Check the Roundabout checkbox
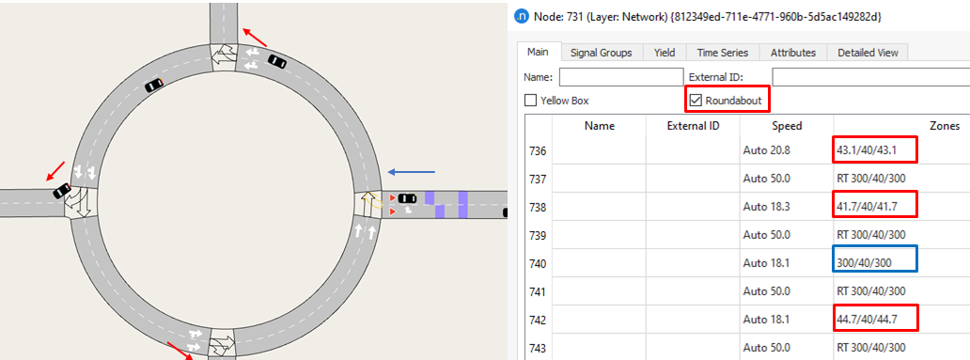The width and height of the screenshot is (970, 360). coord(696,100)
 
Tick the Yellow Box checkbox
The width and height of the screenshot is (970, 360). coord(531,101)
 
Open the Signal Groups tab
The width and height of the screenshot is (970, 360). coord(601,53)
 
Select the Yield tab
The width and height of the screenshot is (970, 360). coord(665,53)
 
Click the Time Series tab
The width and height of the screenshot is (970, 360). coord(721,53)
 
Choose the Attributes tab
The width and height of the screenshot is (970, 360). coord(792,53)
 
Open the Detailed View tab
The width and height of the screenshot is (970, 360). coord(868,53)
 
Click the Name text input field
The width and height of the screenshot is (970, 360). coord(620,77)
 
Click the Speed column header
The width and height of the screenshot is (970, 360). coord(787,125)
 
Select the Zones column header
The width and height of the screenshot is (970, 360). coord(944,125)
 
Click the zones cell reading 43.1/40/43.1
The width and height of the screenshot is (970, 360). coord(875,150)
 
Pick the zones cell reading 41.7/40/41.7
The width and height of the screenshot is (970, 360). coord(875,206)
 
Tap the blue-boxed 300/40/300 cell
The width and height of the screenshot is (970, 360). coord(874,262)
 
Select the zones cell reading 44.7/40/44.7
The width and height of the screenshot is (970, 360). coord(875,319)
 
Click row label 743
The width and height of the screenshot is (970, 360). coord(538,347)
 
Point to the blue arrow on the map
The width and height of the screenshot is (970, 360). coord(412,172)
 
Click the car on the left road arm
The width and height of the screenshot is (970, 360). coord(62,191)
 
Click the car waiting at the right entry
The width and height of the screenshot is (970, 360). coord(407,198)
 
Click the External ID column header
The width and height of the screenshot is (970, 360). coord(693,125)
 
